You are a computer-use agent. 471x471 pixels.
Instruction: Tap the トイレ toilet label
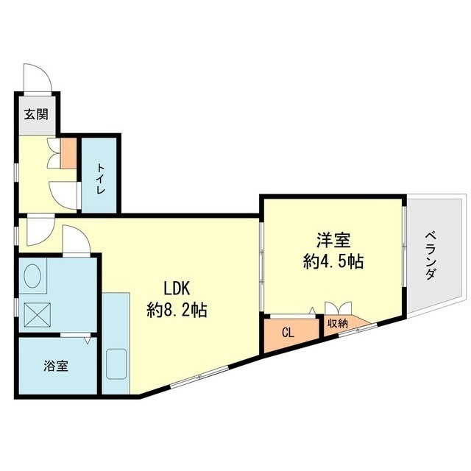click(100, 178)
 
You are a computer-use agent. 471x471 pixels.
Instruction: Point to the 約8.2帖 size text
click(177, 311)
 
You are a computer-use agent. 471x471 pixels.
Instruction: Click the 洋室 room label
click(334, 241)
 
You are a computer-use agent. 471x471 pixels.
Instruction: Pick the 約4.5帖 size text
click(334, 261)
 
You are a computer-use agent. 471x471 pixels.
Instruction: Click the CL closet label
click(288, 333)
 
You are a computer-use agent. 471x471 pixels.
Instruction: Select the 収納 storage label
click(337, 323)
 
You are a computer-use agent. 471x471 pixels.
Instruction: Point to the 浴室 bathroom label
click(57, 366)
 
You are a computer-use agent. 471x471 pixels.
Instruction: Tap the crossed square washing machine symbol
click(36, 314)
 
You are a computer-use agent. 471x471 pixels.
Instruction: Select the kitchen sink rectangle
click(116, 364)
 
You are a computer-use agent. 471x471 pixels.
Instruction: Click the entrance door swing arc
click(36, 76)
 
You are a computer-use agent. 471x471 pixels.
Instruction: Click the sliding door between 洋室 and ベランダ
click(403, 254)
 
